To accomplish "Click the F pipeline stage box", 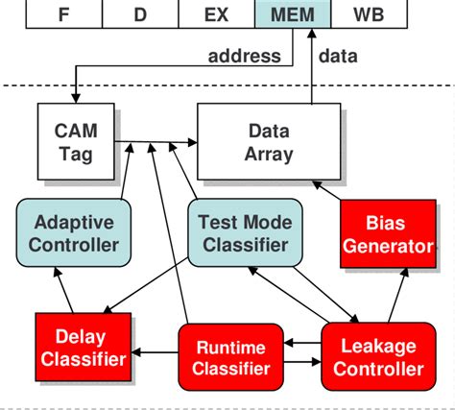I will tap(65, 14).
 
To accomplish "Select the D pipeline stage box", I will tap(140, 14).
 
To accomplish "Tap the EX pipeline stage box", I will tap(216, 14).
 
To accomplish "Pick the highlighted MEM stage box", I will tap(292, 14).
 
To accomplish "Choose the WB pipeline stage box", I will tap(369, 14).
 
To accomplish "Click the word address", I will tap(245, 56).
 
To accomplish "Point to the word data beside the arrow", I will tap(337, 56).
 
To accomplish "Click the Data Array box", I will tap(268, 142).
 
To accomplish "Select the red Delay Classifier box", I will tap(83, 349).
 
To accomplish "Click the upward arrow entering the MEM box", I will tap(312, 67).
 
